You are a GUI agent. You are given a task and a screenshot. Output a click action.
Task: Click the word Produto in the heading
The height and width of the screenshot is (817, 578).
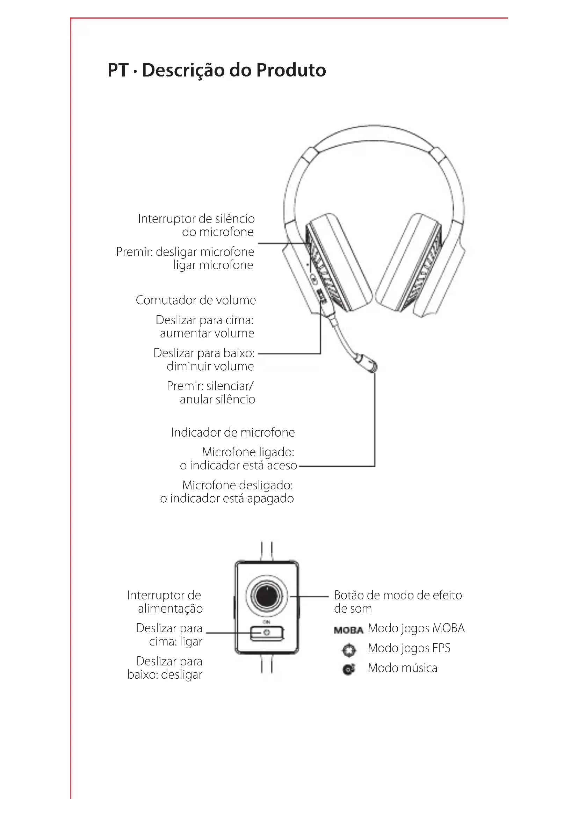pos(291,70)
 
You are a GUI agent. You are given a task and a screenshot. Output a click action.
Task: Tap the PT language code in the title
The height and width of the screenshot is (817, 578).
pos(118,70)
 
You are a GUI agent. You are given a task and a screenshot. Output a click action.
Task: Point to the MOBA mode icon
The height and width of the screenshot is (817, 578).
pos(348,630)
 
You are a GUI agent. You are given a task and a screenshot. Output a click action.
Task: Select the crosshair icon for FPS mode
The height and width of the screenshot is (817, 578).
pos(349,650)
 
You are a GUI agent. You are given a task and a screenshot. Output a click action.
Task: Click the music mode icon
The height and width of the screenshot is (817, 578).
pos(349,670)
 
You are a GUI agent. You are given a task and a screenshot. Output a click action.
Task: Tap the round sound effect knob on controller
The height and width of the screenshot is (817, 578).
pos(267,596)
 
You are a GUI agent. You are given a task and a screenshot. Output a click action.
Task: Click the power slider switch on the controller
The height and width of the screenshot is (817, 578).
pos(267,633)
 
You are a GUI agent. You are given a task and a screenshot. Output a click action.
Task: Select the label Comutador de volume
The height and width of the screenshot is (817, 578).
pos(196,300)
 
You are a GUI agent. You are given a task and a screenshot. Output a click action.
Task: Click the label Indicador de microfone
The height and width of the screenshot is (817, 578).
pos(233,432)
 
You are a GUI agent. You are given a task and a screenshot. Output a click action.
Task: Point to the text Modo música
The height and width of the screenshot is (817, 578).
pos(403,668)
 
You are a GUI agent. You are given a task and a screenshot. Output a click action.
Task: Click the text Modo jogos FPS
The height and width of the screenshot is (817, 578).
pos(409,648)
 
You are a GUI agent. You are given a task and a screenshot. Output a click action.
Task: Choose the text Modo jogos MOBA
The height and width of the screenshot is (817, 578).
pos(416,628)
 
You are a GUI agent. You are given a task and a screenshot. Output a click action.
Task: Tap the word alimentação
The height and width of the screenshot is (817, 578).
pos(170,609)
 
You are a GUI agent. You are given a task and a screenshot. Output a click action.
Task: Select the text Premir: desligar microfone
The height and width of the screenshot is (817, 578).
pos(185,252)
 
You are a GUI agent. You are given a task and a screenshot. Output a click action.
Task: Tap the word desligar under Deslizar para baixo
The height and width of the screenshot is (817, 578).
pos(182,675)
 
